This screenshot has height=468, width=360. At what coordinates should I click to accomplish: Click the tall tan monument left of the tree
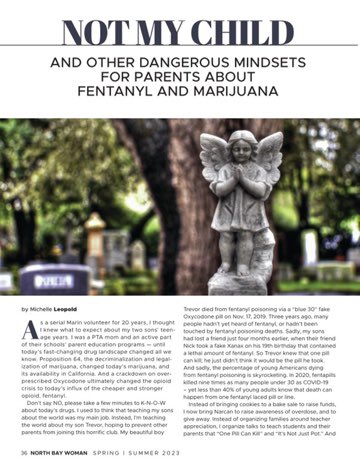point(94,241)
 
